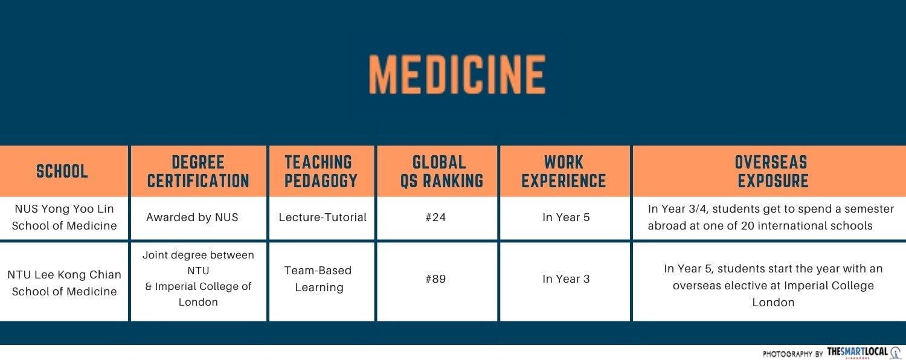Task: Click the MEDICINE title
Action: point(457,75)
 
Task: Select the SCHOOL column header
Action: point(62,171)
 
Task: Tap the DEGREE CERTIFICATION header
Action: point(198,172)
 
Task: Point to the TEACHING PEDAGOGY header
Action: point(321,172)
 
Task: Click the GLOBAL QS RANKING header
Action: point(442,172)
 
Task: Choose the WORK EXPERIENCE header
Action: point(564,172)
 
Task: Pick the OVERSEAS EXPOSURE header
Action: point(773,172)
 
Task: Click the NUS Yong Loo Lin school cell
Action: point(64,217)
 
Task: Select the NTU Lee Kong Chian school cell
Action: point(64,283)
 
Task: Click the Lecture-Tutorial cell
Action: point(323,217)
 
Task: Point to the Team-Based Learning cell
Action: point(318,278)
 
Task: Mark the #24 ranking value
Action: point(435,217)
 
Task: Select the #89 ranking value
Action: point(435,278)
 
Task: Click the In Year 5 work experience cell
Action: point(566,217)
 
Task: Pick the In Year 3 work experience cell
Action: point(566,278)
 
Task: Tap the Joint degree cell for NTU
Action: point(198,278)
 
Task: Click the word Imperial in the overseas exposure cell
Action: point(803,286)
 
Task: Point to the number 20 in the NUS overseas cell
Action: point(748,226)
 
